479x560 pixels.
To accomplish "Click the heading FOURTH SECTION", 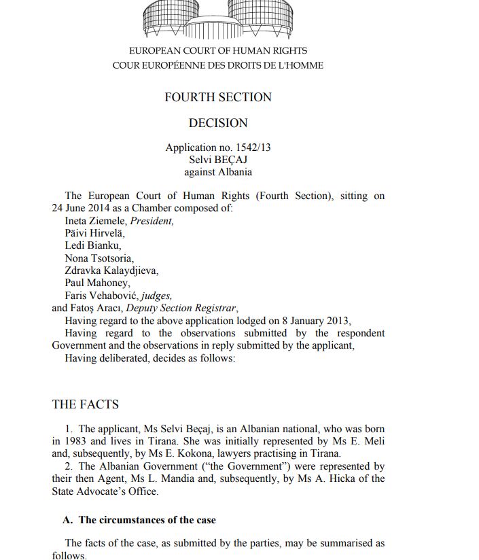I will point(218,97).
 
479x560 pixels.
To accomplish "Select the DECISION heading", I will point(218,123).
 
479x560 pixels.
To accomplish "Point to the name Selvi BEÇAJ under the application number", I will point(218,160).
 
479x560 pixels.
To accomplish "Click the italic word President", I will point(152,221).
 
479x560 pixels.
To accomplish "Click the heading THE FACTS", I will point(86,404).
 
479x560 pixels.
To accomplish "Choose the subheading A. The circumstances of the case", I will point(139,520).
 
